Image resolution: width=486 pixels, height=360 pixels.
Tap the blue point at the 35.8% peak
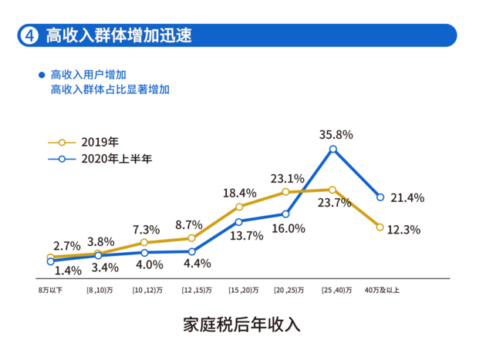[x=332, y=150]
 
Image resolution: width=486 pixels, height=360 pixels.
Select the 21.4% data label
[x=406, y=197]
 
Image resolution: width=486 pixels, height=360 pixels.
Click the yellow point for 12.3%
[x=380, y=227]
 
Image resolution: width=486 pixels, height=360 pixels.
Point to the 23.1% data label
[x=287, y=179]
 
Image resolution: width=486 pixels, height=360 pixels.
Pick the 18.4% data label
[x=239, y=193]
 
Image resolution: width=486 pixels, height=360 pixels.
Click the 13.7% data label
[x=243, y=236]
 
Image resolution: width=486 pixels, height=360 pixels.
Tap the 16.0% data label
[x=289, y=228]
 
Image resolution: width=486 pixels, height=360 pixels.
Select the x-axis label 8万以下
[x=50, y=291]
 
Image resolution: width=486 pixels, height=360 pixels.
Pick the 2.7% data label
[x=67, y=245]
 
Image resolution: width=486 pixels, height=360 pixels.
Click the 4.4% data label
[x=197, y=264]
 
